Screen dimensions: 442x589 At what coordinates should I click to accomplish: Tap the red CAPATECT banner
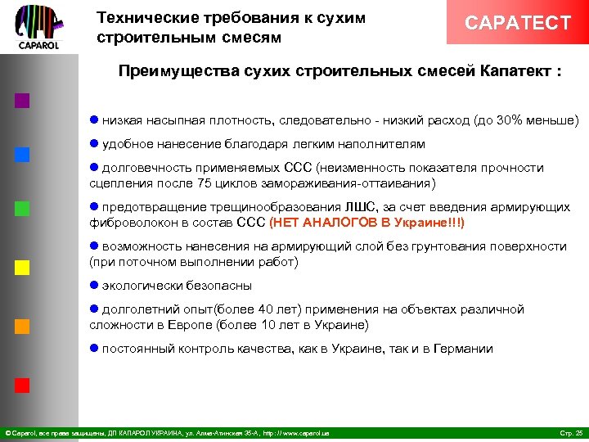(x=517, y=23)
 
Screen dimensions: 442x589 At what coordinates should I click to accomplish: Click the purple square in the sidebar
(x=22, y=101)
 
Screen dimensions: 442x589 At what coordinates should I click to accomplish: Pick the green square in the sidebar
(x=22, y=208)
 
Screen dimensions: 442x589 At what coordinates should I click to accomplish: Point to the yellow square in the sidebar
(x=22, y=267)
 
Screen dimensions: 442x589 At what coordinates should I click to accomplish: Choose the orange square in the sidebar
(x=22, y=326)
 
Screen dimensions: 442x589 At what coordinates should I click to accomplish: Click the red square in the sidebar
(x=22, y=385)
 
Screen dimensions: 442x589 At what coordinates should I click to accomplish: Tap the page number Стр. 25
(x=569, y=432)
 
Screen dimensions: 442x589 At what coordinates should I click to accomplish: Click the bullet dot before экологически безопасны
(x=93, y=286)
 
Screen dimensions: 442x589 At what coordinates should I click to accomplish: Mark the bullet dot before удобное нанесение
(x=93, y=144)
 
